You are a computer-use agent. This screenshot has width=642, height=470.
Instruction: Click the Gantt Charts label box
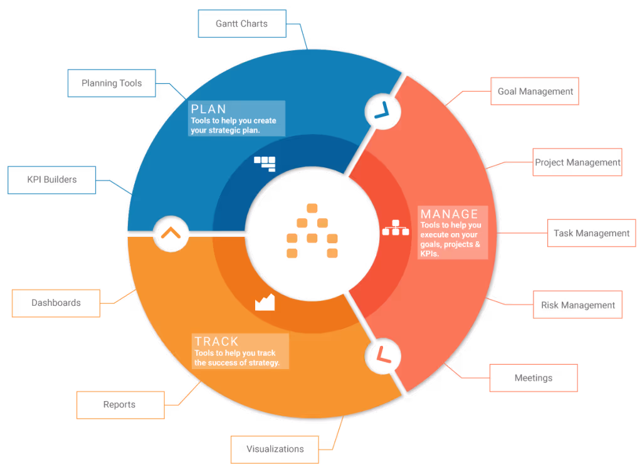[242, 24]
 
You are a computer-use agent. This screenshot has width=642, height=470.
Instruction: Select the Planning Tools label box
[112, 83]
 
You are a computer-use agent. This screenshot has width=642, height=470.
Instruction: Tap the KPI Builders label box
[52, 179]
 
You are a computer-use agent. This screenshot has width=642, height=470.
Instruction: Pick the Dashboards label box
[56, 303]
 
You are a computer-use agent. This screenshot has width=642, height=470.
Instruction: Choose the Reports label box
[120, 404]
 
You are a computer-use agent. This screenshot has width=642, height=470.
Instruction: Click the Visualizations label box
[275, 449]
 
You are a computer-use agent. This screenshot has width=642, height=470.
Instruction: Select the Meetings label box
[533, 378]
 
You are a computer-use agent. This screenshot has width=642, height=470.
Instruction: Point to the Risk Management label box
[578, 305]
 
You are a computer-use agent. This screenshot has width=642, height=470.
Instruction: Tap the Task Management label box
[591, 233]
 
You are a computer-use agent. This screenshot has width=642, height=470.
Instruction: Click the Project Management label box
[577, 162]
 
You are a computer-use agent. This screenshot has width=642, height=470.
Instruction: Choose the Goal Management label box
[535, 91]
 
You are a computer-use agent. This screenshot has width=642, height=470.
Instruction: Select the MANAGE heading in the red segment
[449, 214]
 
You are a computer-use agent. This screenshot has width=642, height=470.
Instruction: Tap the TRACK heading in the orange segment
[216, 342]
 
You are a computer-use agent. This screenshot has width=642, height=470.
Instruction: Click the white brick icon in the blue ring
[265, 163]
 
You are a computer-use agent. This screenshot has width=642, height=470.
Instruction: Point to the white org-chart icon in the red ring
[395, 228]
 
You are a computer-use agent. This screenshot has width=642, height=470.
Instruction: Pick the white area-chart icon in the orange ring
[265, 303]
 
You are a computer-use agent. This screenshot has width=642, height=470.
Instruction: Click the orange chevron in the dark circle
[171, 233]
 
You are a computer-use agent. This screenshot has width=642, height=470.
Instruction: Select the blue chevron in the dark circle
[382, 112]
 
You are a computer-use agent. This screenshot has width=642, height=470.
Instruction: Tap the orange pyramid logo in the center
[312, 231]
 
